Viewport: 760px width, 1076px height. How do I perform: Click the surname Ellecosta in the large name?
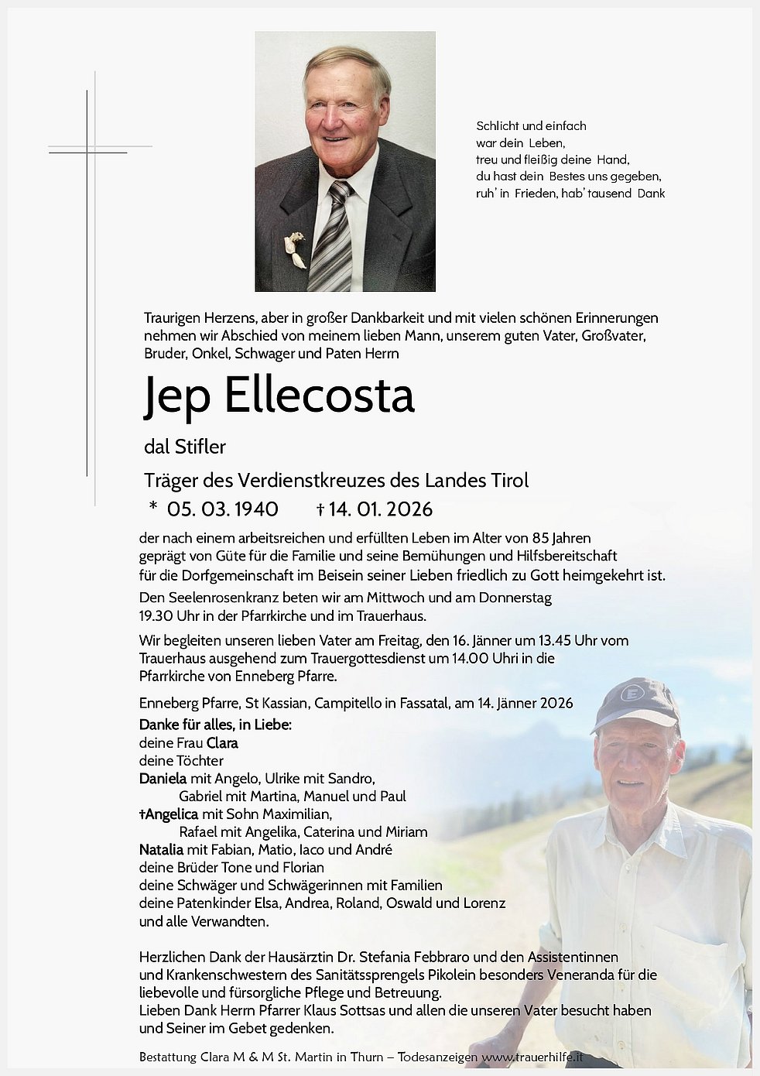319,396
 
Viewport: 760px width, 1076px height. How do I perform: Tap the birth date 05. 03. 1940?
223,509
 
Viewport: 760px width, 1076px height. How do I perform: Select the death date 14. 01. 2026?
380,509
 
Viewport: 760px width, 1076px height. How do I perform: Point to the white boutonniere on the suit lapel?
294,249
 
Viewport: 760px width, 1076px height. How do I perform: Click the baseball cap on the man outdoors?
637,703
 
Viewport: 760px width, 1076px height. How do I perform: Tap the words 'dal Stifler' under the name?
185,447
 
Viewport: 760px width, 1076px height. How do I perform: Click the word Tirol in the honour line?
510,480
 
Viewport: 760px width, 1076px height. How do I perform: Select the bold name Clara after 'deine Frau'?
222,743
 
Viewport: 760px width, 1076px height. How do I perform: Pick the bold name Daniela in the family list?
163,779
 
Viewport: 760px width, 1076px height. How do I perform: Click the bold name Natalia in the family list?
161,850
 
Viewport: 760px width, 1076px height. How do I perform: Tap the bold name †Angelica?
169,814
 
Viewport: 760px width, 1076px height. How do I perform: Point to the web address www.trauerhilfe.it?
532,1057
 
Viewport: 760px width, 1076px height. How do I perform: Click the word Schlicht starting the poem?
498,126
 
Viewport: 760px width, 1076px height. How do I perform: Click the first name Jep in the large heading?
176,396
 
